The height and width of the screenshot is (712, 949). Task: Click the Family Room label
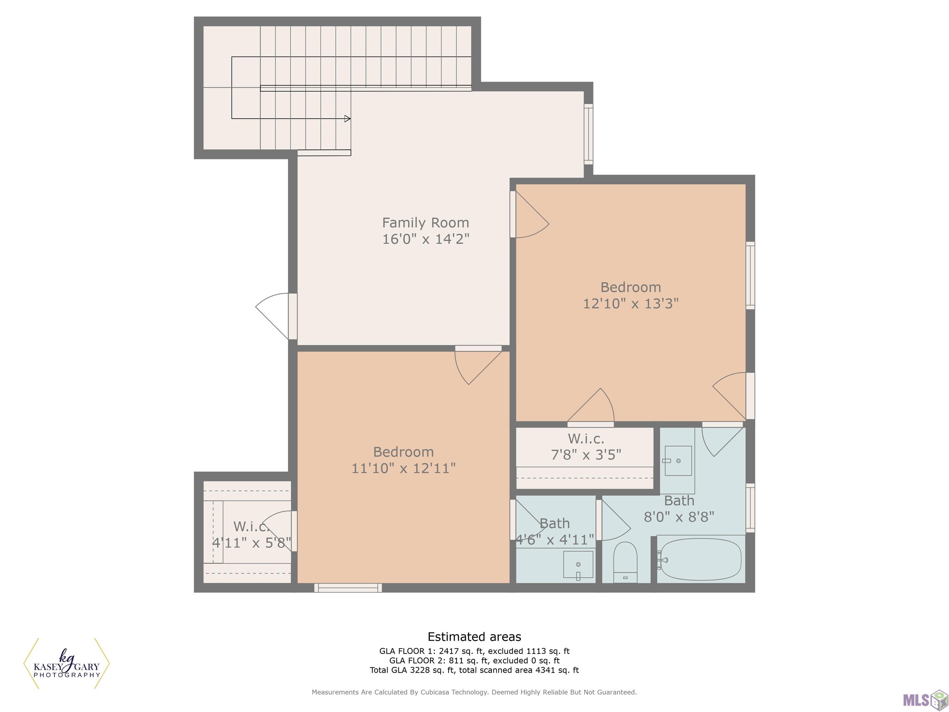tap(426, 223)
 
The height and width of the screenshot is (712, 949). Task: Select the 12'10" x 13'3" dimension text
tap(631, 303)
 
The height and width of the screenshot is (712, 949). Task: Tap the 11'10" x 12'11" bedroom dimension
tap(403, 468)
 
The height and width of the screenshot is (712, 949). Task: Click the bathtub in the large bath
tap(701, 560)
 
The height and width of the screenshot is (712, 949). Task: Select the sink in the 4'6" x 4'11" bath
tap(578, 566)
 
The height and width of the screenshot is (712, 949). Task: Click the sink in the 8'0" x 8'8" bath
tap(678, 460)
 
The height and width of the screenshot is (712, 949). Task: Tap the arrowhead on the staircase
tap(348, 118)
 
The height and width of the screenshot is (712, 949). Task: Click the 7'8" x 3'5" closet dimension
tap(586, 454)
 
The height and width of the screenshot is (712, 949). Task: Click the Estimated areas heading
tap(474, 637)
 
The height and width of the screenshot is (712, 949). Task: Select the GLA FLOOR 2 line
tap(474, 660)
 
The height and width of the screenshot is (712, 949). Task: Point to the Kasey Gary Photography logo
tap(66, 663)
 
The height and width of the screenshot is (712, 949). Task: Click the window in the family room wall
tap(588, 134)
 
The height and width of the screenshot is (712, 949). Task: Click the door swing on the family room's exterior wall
tap(272, 316)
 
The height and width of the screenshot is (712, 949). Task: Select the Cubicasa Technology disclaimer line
tap(474, 692)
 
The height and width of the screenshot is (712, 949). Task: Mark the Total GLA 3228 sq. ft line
tap(474, 670)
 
